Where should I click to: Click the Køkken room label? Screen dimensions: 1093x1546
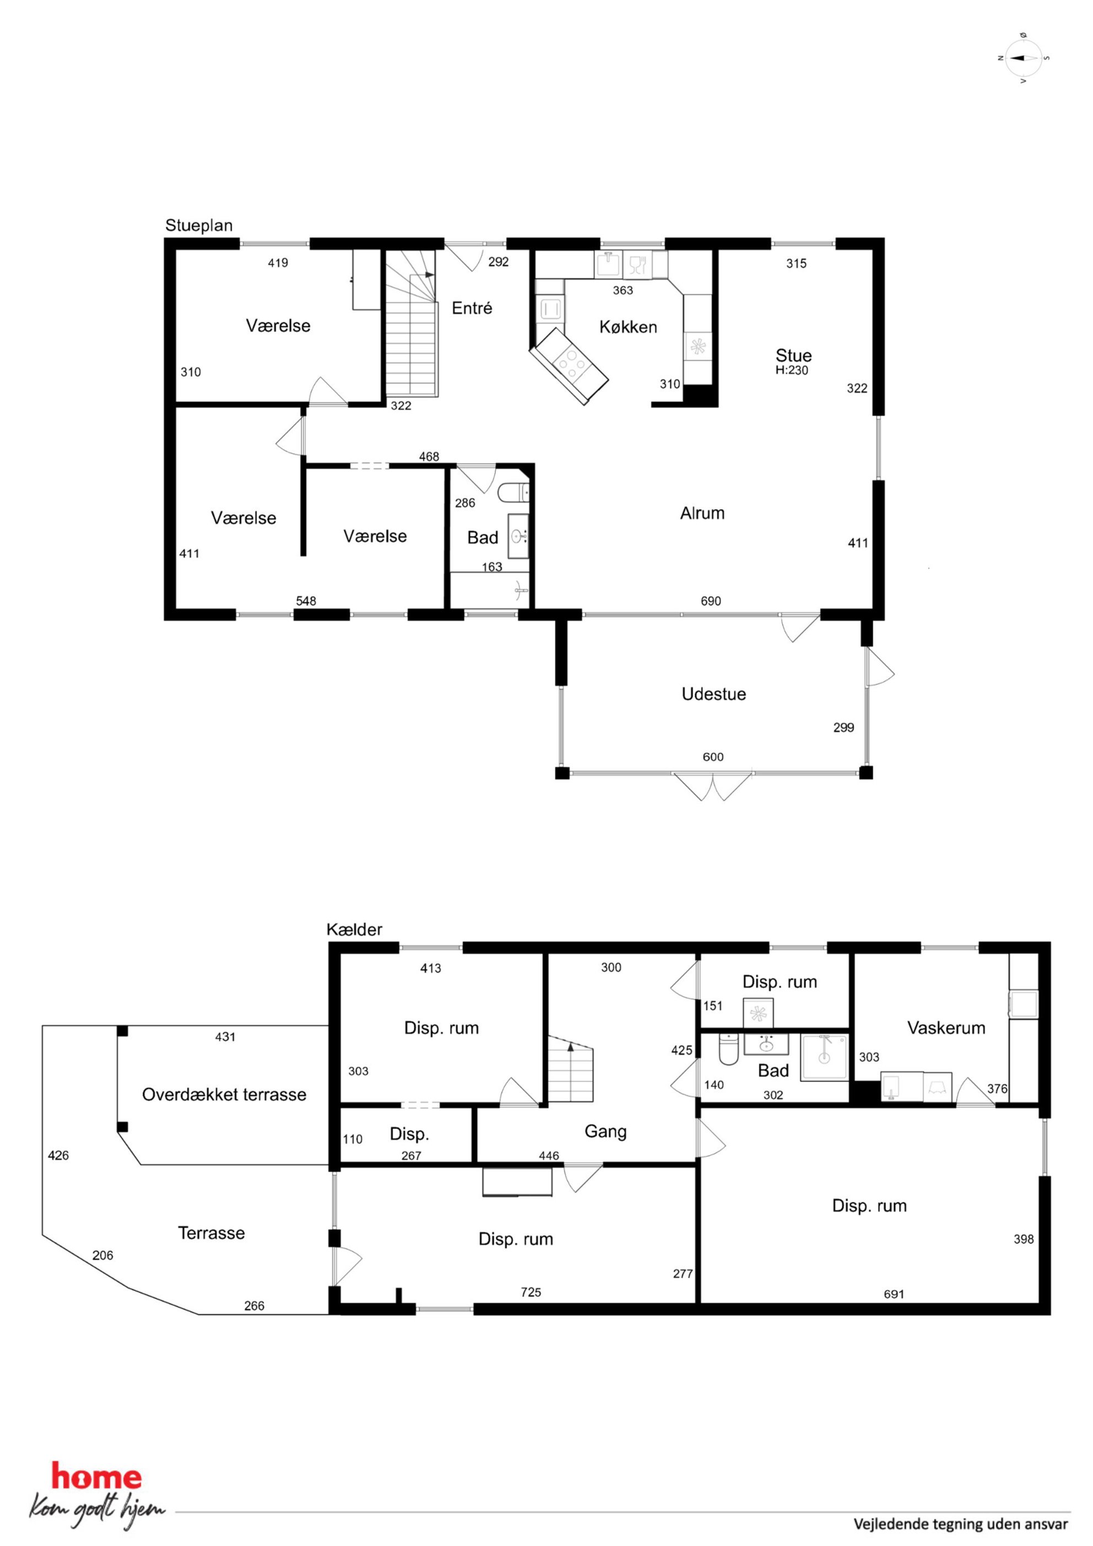click(627, 327)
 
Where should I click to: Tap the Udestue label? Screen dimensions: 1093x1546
click(713, 694)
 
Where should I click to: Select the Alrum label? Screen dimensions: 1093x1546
click(702, 513)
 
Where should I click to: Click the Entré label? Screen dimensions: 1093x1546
click(472, 309)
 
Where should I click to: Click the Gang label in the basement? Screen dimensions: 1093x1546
click(605, 1132)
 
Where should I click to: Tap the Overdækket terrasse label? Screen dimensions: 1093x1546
click(224, 1095)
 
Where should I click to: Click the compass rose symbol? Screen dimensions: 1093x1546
click(1024, 58)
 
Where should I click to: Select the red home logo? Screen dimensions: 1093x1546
click(96, 1477)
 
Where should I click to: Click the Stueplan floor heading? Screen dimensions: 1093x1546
click(199, 225)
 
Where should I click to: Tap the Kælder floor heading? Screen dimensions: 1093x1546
click(354, 930)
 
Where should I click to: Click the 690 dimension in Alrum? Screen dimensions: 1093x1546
click(711, 601)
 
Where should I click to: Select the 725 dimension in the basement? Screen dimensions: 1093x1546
click(531, 1292)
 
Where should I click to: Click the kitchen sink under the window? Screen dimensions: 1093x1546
click(608, 264)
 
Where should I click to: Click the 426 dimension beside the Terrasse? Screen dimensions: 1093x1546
click(58, 1155)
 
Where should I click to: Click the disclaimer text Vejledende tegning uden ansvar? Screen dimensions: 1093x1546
click(960, 1524)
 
